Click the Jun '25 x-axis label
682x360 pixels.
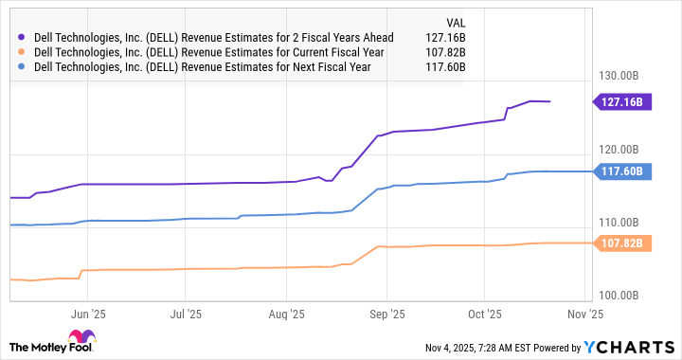[x=88, y=312]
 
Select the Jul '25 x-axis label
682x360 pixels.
[x=186, y=312]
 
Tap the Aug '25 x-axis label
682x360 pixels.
[x=285, y=312]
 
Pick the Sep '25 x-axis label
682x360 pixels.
[x=386, y=312]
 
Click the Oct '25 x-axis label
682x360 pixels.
[x=484, y=312]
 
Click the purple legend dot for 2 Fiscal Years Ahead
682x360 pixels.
[x=21, y=37]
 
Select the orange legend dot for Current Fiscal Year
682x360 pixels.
[x=21, y=52]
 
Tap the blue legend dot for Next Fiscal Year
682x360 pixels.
[x=21, y=67]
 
